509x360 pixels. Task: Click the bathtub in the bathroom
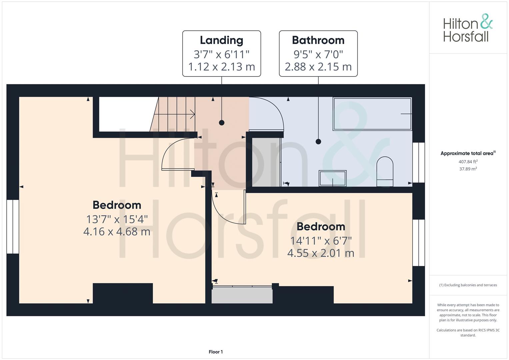tap(372, 114)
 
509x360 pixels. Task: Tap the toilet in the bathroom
tap(385, 171)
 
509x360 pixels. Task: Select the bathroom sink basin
tap(333, 178)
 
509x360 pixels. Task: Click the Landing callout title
tap(221, 40)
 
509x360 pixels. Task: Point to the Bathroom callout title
tap(318, 40)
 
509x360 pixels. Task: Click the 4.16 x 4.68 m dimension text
tap(117, 231)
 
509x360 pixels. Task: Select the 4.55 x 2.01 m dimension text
tap(321, 253)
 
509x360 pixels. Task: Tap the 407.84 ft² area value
tap(468, 162)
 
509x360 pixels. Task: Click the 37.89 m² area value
tap(468, 169)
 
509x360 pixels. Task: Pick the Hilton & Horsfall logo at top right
tap(467, 28)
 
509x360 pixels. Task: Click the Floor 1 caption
tap(216, 352)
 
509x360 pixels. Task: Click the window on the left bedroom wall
tap(13, 227)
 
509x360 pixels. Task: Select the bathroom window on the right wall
tap(419, 163)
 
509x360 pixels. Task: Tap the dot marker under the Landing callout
tap(222, 123)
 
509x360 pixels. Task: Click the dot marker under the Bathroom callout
tap(318, 141)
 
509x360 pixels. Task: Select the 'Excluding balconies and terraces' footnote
tap(468, 285)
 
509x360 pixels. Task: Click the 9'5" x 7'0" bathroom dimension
tap(318, 54)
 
